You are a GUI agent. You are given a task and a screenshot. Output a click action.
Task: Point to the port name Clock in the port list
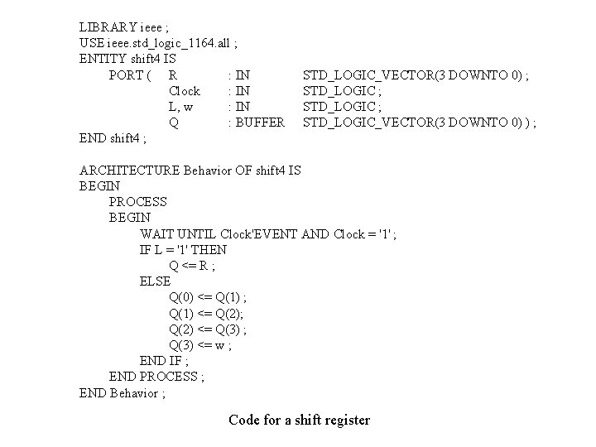[184, 91]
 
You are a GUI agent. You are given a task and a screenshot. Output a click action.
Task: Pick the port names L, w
[180, 107]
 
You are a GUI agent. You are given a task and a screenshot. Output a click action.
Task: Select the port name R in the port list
[172, 75]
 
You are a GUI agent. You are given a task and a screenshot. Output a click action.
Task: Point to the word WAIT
[155, 233]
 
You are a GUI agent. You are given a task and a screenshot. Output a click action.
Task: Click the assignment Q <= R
[191, 265]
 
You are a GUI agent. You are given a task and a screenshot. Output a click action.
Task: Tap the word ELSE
[155, 281]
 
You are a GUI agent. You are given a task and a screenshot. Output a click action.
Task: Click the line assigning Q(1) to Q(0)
[208, 297]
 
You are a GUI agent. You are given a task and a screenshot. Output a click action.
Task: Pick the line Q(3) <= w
[200, 344]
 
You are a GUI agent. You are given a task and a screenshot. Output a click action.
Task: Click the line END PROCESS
[156, 377]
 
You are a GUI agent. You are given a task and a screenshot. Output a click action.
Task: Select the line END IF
[164, 360]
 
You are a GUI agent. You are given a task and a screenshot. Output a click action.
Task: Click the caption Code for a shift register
[299, 420]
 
